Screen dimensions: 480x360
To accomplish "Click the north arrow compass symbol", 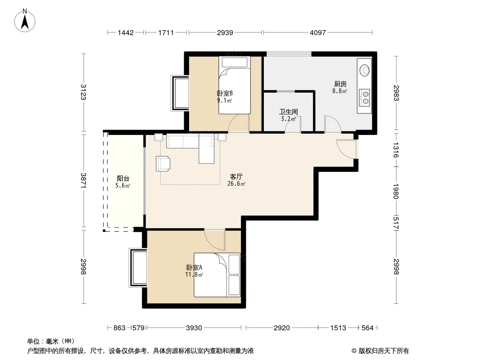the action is tap(25, 20).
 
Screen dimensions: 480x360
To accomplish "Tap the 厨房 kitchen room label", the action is tap(340, 84).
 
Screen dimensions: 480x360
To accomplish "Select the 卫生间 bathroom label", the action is tap(288, 112).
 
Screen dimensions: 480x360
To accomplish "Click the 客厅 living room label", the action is tap(236, 176).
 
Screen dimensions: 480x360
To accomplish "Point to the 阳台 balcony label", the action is tap(123, 178).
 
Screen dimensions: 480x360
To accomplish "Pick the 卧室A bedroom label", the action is tap(194, 267).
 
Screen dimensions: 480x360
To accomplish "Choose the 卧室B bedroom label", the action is tap(225, 93).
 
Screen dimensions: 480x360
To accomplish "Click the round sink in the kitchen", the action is tap(364, 70).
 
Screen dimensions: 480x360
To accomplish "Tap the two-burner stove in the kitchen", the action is tap(364, 98).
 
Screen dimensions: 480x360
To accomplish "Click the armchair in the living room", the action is tap(163, 164).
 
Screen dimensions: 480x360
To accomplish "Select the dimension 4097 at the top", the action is tap(318, 32).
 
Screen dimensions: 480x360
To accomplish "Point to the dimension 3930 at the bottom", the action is tap(194, 328).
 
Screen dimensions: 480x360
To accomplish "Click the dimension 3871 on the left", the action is tap(84, 180).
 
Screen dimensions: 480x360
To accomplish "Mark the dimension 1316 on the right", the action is tap(396, 150).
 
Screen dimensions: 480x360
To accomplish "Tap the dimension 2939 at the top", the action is tap(225, 32).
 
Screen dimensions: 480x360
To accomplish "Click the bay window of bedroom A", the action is tap(138, 268).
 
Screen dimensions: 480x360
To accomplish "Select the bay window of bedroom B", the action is tap(180, 93).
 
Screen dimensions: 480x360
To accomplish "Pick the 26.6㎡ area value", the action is tap(236, 184).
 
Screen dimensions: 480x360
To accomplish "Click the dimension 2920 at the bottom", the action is tap(281, 328).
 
